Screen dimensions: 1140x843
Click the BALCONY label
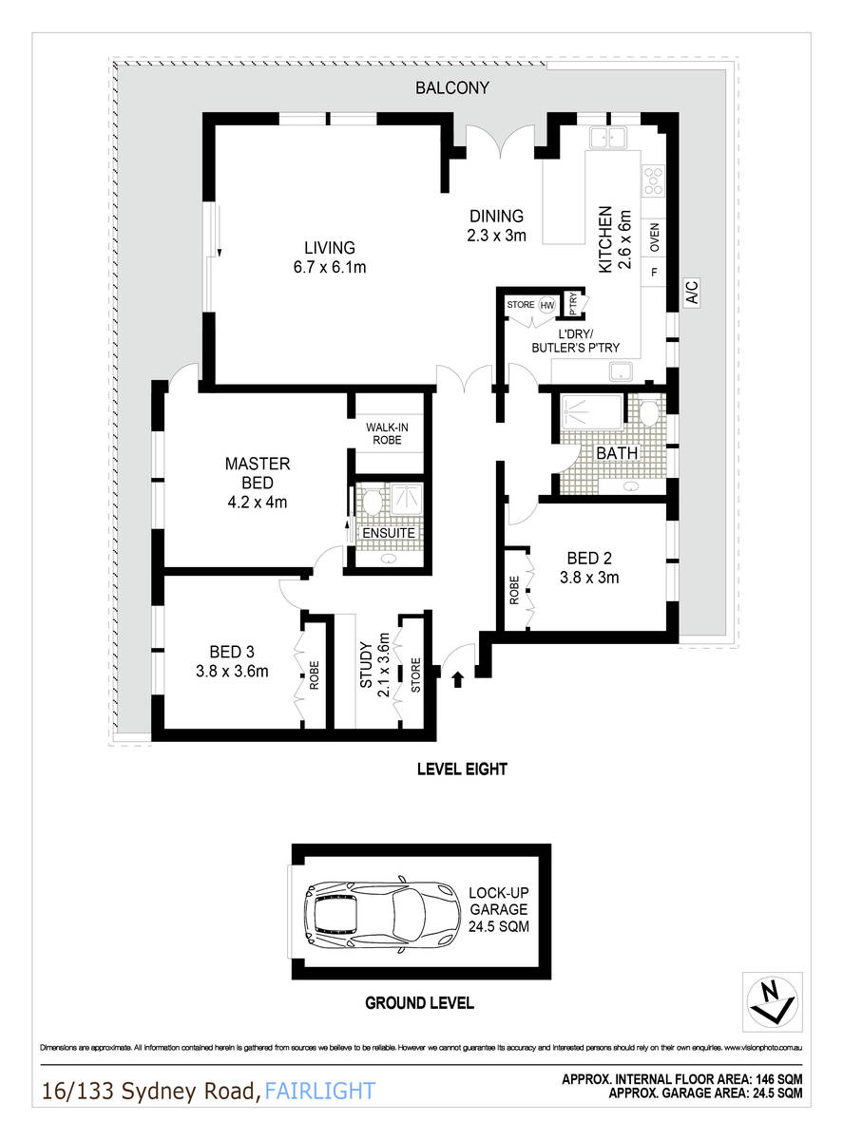[452, 88]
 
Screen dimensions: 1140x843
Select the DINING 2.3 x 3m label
[496, 225]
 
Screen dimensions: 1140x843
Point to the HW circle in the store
[547, 305]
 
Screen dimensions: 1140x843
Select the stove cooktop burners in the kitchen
[653, 180]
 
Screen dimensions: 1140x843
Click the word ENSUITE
[389, 533]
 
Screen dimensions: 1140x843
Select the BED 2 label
[590, 566]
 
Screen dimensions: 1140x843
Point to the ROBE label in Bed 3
[315, 682]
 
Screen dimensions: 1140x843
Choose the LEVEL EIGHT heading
[462, 769]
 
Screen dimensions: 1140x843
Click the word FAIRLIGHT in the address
[320, 1091]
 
